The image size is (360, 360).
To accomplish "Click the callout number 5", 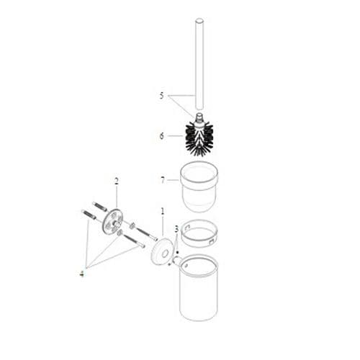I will [162, 95].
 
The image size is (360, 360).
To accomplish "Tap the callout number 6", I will [162, 135].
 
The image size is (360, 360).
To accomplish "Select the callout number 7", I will [162, 178].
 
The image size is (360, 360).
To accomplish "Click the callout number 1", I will [162, 212].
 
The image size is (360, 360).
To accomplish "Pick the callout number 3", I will [176, 230].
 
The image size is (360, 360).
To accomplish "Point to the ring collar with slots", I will [198, 233].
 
